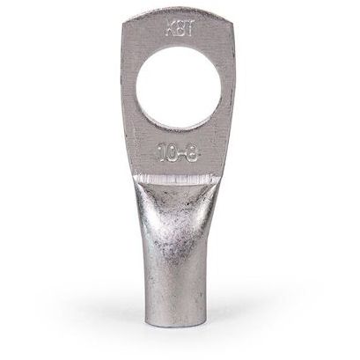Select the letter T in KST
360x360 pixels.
pyautogui.click(x=187, y=28)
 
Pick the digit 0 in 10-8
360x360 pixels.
pyautogui.click(x=172, y=152)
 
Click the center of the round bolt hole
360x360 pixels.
pyautogui.click(x=179, y=89)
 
